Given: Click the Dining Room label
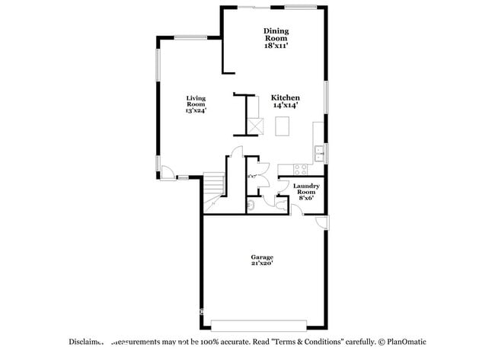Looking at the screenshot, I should pyautogui.click(x=276, y=34).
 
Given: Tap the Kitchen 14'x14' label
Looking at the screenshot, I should pyautogui.click(x=286, y=101).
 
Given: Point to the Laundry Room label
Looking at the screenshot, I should pyautogui.click(x=305, y=190).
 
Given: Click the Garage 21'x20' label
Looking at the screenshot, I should pyautogui.click(x=263, y=260).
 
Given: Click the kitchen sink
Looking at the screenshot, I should pyautogui.click(x=321, y=155).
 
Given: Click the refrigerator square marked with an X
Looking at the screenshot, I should pyautogui.click(x=257, y=126).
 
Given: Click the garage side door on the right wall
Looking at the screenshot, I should pyautogui.click(x=323, y=222).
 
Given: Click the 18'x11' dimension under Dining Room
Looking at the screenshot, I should pyautogui.click(x=276, y=46).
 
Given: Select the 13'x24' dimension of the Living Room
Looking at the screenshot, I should pyautogui.click(x=196, y=111).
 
